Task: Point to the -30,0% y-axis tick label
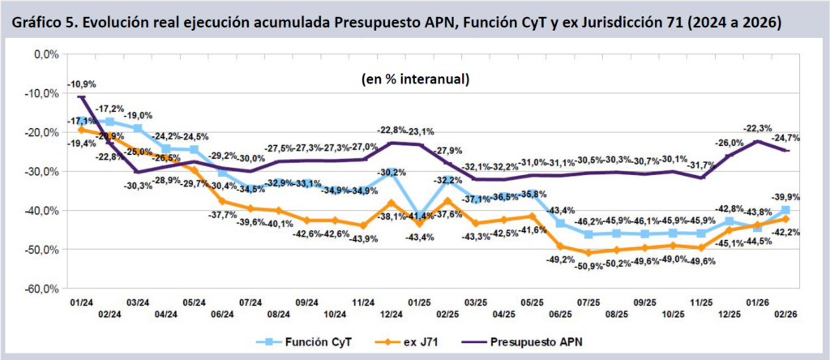(41, 171)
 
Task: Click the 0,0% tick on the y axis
(45, 54)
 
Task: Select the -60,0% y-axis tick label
(41, 288)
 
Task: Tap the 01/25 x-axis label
(418, 302)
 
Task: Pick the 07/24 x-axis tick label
(249, 302)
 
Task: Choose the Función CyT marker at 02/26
(785, 210)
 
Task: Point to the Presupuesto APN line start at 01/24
(81, 97)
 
